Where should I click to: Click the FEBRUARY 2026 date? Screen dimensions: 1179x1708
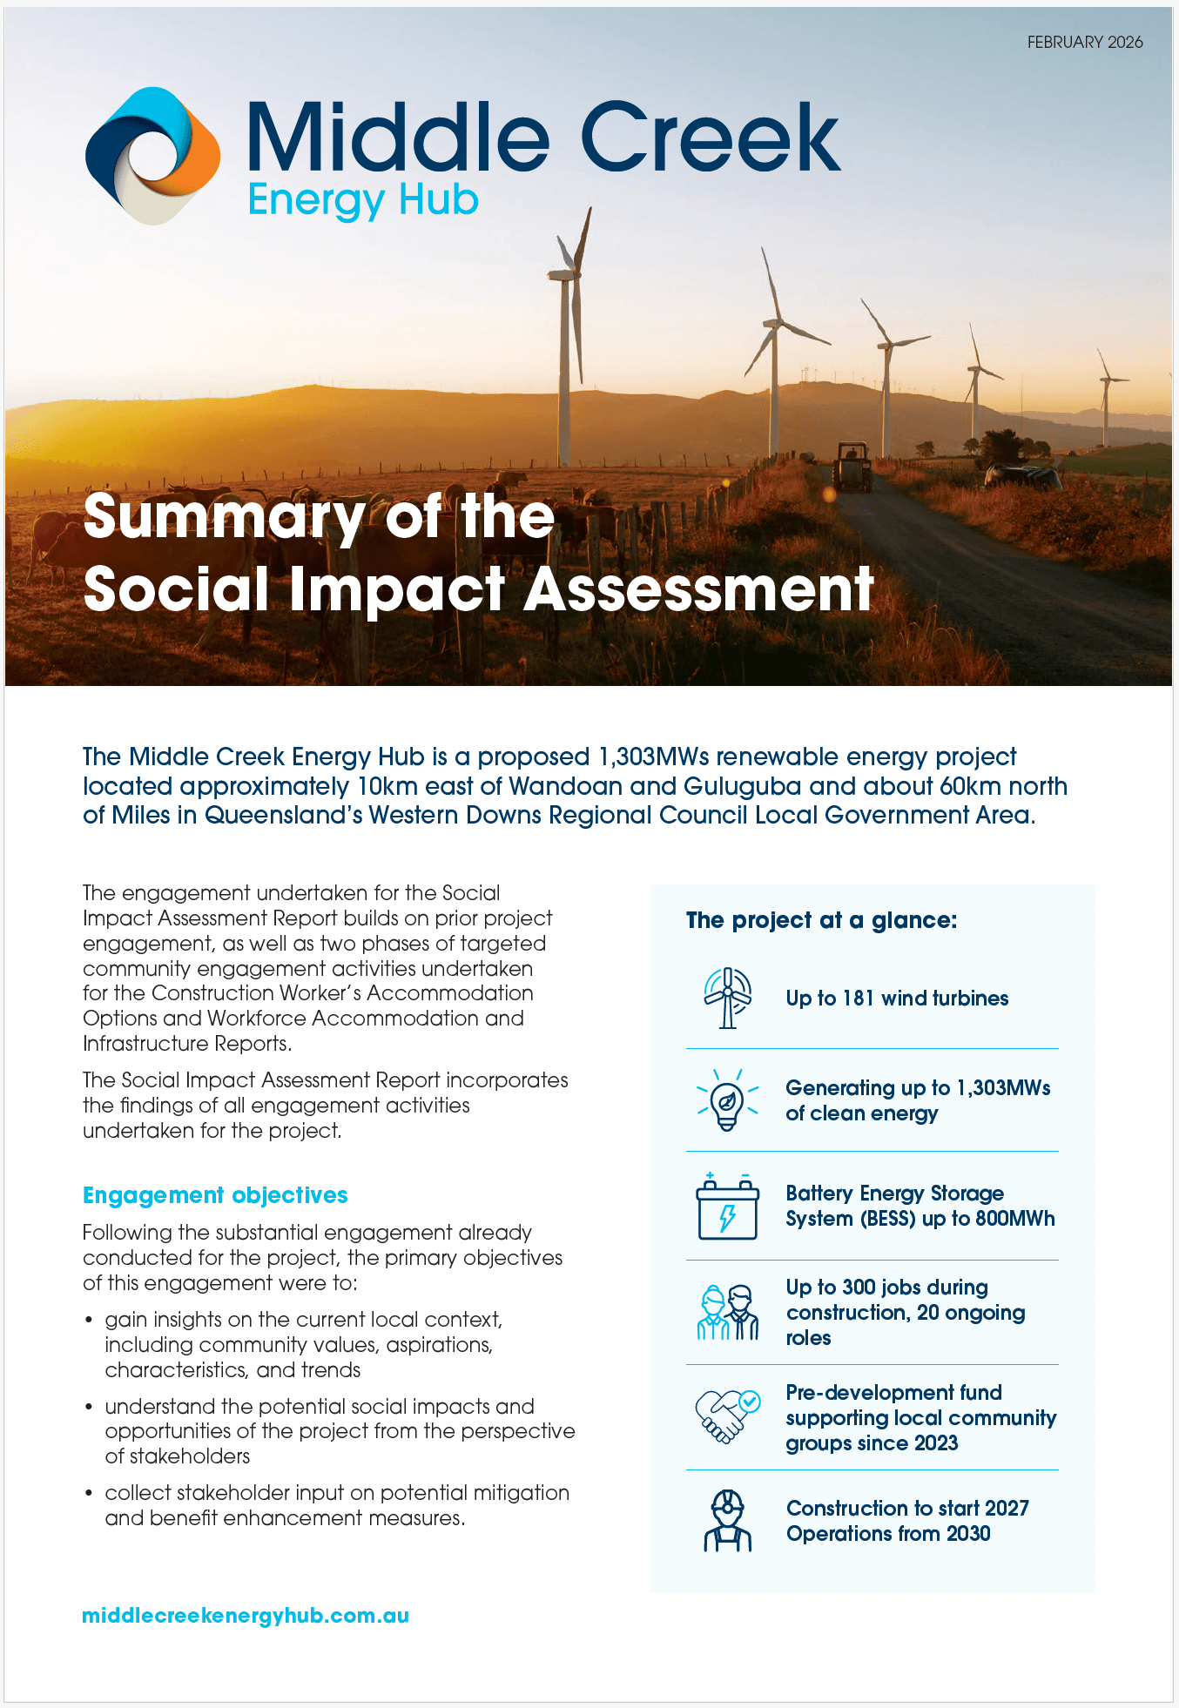click(1085, 42)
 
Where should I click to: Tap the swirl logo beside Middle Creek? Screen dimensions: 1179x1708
click(152, 156)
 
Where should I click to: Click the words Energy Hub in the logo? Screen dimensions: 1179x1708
click(363, 200)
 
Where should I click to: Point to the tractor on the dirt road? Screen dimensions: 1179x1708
click(852, 467)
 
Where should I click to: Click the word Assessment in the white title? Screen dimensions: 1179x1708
click(698, 589)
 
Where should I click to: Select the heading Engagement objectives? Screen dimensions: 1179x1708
click(215, 1195)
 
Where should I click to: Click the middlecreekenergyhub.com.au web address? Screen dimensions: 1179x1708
click(246, 1616)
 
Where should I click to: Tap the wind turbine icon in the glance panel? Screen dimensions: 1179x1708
click(728, 998)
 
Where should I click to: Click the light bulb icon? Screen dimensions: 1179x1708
click(728, 1100)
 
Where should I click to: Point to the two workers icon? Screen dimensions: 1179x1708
click(728, 1312)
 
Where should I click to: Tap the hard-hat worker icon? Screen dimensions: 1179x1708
click(728, 1521)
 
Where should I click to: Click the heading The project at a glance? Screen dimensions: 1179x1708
click(821, 920)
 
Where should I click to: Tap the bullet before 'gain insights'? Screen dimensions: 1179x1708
click(89, 1321)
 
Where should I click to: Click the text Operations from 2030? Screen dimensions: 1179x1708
click(888, 1534)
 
